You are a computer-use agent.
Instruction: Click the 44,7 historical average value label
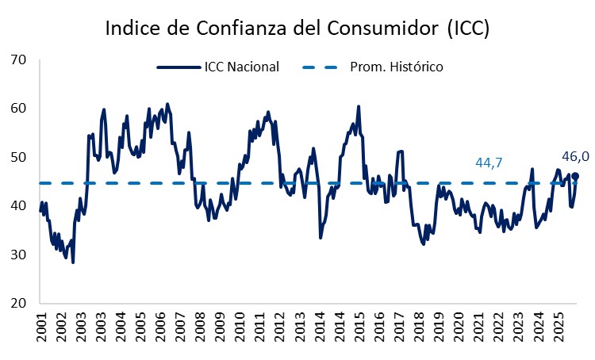(x=489, y=163)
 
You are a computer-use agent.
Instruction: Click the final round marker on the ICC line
(x=575, y=176)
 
